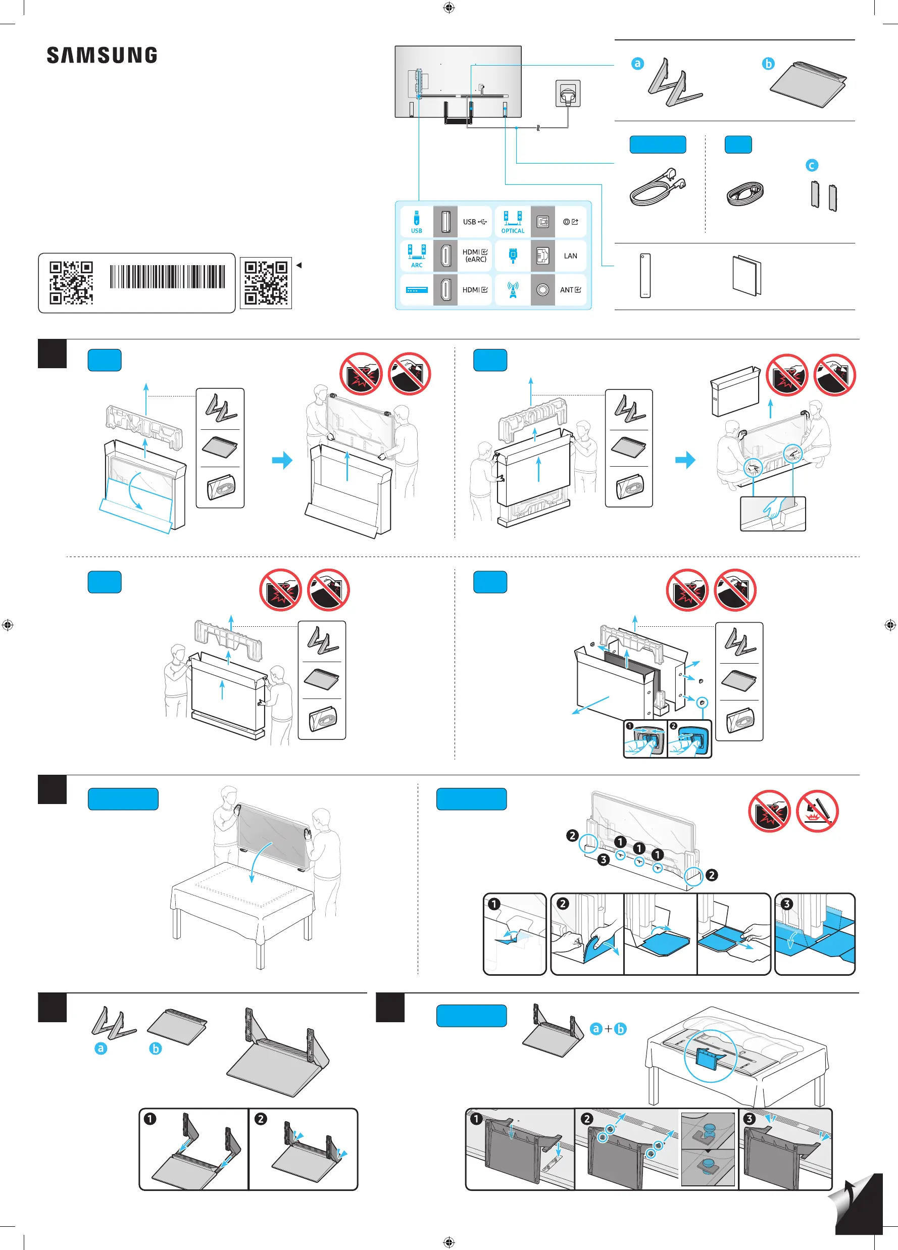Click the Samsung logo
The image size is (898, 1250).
point(102,55)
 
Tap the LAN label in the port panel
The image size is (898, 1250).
point(571,256)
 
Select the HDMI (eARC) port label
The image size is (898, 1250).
point(475,256)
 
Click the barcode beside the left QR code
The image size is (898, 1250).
point(168,277)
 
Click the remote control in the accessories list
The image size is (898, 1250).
point(645,276)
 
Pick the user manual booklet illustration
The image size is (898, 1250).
point(747,276)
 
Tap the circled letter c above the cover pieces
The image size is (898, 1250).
point(812,165)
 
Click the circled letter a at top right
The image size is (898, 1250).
point(637,63)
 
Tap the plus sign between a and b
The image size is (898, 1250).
point(608,1028)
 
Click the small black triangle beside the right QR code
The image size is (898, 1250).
point(299,265)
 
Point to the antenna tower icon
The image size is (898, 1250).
point(513,290)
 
